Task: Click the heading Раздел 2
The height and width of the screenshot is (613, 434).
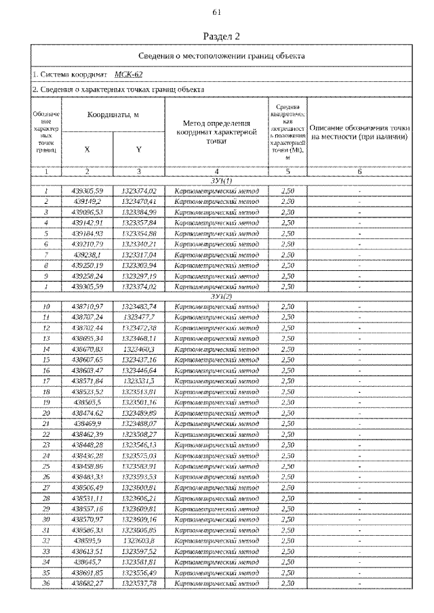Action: (217, 36)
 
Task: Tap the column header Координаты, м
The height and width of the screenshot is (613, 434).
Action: (113, 115)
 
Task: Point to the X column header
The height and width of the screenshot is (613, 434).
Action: (87, 150)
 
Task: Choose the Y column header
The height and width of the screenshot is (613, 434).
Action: (138, 150)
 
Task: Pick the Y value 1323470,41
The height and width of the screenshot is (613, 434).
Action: (139, 202)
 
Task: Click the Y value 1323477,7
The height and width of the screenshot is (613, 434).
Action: (139, 317)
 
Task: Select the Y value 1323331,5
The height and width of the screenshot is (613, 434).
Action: (139, 381)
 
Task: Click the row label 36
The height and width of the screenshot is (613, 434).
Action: (47, 583)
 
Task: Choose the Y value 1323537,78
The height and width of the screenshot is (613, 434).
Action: (139, 583)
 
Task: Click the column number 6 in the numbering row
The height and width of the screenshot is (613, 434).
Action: (359, 172)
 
